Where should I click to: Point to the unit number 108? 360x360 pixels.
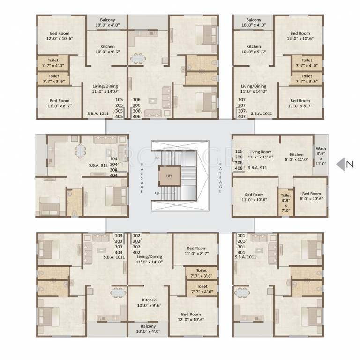[239, 151]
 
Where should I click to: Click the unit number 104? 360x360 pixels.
[113, 159]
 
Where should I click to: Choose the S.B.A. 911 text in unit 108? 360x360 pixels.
[257, 167]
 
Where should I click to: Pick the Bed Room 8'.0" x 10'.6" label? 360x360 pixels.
[311, 197]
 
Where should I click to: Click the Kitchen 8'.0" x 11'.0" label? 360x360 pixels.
[297, 157]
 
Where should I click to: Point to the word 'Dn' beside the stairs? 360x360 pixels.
[157, 159]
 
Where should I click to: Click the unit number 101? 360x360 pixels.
[242, 235]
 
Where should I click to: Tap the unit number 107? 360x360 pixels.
[242, 100]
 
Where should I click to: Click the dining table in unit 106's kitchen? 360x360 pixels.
[138, 58]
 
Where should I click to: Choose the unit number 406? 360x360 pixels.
[136, 117]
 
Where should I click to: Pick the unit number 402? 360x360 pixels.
[136, 252]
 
